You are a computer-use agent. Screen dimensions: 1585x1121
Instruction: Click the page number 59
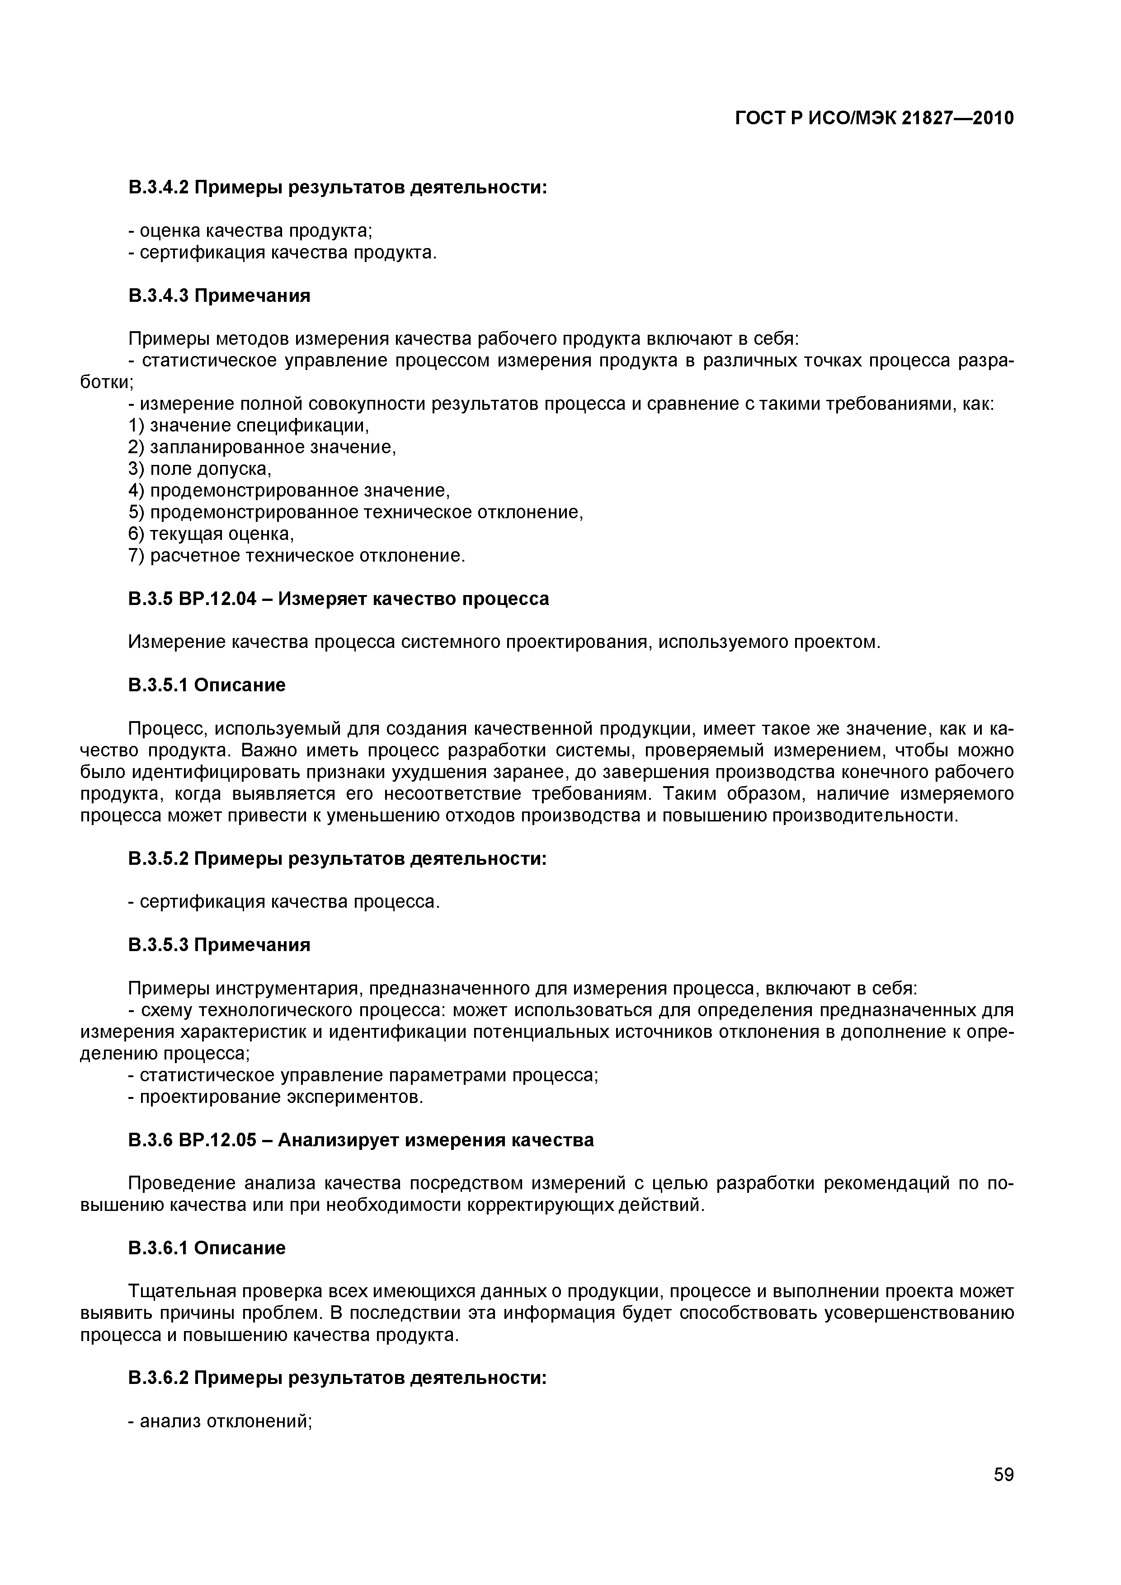click(x=1003, y=1494)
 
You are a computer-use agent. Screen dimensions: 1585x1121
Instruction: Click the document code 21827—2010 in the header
click(x=958, y=119)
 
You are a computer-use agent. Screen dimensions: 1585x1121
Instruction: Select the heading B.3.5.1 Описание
click(x=207, y=685)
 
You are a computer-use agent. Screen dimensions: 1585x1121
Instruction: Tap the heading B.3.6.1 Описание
click(x=207, y=1248)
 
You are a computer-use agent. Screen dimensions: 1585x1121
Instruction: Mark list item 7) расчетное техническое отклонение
click(x=297, y=556)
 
